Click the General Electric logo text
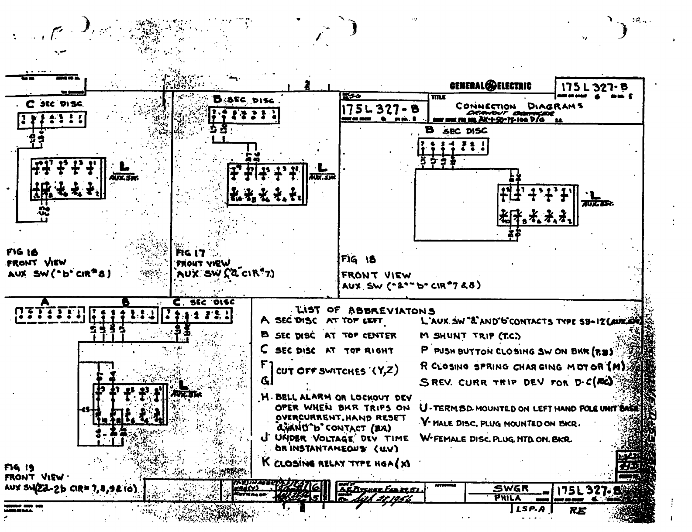pyautogui.click(x=490, y=86)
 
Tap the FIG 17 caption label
pyautogui.click(x=190, y=253)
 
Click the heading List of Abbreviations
pyautogui.click(x=366, y=310)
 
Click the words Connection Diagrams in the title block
pyautogui.click(x=519, y=106)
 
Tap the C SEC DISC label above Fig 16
pyautogui.click(x=54, y=104)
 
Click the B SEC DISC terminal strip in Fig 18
pyautogui.click(x=453, y=146)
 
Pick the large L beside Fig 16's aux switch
pyautogui.click(x=124, y=167)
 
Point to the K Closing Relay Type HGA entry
pyautogui.click(x=335, y=463)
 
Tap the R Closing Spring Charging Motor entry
pyautogui.click(x=522, y=366)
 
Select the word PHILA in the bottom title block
pyautogui.click(x=508, y=498)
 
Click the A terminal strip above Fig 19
pyautogui.click(x=50, y=315)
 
